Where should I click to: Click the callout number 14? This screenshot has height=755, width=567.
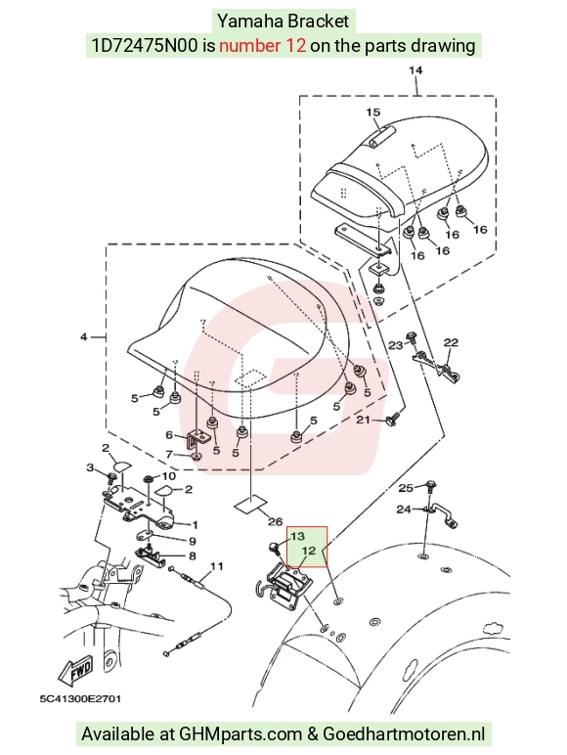pos(415,70)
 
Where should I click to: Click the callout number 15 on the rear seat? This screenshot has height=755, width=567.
pos(373,112)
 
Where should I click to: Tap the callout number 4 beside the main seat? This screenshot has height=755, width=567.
pos(84,337)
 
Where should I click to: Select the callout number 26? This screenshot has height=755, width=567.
pos(275,521)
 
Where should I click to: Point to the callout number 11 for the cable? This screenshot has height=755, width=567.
pos(217,566)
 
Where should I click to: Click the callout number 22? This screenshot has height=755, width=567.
pos(451,342)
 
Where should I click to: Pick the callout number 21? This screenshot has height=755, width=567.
pos(363,420)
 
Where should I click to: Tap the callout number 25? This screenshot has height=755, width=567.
pos(406,488)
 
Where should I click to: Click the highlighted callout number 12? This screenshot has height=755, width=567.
pos(309,551)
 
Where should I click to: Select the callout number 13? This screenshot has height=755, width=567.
pos(297,536)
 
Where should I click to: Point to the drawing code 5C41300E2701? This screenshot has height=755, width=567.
pos(80,698)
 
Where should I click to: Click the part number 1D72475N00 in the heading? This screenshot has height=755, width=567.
pos(145,46)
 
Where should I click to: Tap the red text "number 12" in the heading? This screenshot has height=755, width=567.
pos(262,46)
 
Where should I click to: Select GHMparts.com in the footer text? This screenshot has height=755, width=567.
pos(240,733)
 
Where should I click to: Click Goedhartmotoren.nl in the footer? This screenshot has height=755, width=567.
pos(404,733)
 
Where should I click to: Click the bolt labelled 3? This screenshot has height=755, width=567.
pos(111,478)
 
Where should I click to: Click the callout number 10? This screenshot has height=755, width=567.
pos(168,476)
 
